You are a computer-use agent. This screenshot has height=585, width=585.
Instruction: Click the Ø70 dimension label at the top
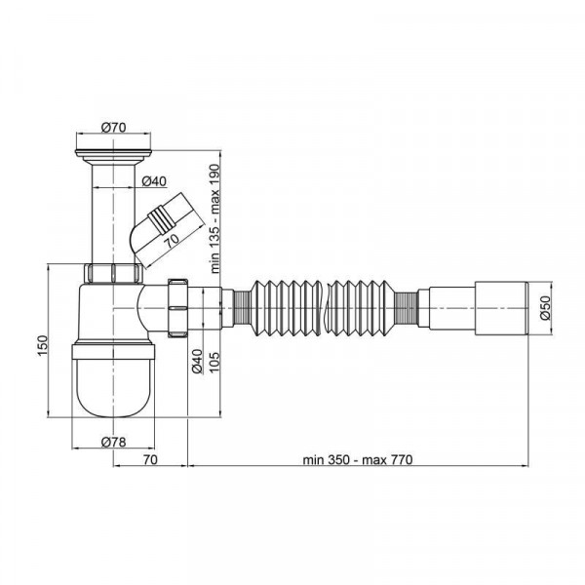(x=113, y=128)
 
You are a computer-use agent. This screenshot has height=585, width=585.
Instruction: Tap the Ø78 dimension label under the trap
(x=113, y=442)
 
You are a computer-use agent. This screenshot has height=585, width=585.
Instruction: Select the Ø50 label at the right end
(x=545, y=308)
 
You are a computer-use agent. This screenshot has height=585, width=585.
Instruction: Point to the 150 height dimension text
(x=43, y=345)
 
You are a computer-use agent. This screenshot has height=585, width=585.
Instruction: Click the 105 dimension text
(x=214, y=363)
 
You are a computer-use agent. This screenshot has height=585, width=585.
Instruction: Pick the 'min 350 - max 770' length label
(x=358, y=459)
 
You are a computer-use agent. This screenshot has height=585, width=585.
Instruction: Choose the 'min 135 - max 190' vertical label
(x=215, y=219)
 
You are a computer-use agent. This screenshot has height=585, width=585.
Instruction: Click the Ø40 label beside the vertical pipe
(x=155, y=181)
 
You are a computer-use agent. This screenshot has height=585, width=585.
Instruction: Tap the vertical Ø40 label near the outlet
(x=197, y=361)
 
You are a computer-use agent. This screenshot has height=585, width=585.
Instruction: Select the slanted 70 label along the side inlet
(x=172, y=241)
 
